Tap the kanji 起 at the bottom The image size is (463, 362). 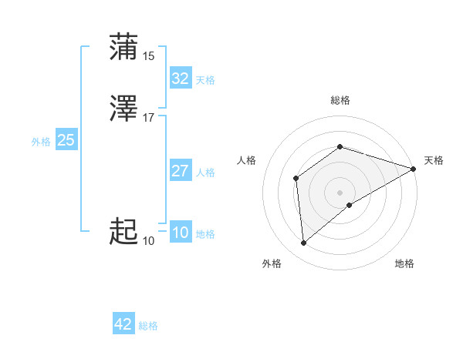tap(124, 231)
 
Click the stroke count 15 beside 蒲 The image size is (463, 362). tap(149, 56)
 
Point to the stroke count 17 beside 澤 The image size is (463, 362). tap(149, 118)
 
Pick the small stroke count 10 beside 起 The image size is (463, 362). tap(149, 241)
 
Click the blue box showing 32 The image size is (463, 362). tap(180, 79)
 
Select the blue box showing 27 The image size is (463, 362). tap(180, 171)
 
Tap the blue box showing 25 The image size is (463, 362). tap(66, 140)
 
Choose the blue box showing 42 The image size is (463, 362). tap(123, 324)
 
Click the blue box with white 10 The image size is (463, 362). tap(180, 233)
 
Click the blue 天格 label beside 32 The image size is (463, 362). tap(205, 80)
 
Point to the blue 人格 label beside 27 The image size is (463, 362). tap(205, 173)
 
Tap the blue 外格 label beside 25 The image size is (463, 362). tap(41, 142)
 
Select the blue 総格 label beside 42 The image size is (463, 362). tap(148, 326)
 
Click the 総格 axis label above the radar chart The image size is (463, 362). tap(340, 100)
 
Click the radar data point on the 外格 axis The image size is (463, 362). tap(303, 243)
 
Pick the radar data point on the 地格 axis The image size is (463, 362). tap(350, 205)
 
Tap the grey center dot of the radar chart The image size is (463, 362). tap(340, 192)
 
